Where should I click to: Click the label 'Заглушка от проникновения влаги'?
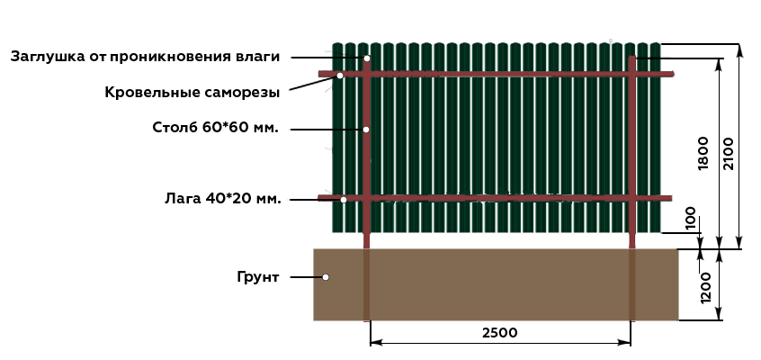pyautogui.click(x=145, y=57)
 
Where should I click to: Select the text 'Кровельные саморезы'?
pyautogui.click(x=192, y=93)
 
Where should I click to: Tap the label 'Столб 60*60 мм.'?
pyautogui.click(x=216, y=128)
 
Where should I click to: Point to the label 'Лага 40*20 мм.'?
pyautogui.click(x=223, y=199)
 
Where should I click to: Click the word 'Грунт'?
pyautogui.click(x=258, y=277)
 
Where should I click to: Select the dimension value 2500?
pyautogui.click(x=500, y=333)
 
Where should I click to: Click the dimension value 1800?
pyautogui.click(x=703, y=154)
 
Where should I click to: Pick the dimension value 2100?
pyautogui.click(x=729, y=154)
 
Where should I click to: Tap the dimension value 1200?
pyautogui.click(x=706, y=288)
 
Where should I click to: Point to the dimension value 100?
pyautogui.click(x=691, y=219)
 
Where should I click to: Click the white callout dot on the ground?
pyautogui.click(x=326, y=277)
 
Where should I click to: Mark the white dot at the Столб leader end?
pyautogui.click(x=366, y=130)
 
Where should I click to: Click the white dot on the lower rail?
pyautogui.click(x=344, y=199)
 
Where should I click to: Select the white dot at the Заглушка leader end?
pyautogui.click(x=367, y=58)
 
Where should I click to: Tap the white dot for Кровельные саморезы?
pyautogui.click(x=340, y=76)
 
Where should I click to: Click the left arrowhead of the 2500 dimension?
pyautogui.click(x=372, y=343)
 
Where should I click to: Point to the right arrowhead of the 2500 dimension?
pyautogui.click(x=630, y=343)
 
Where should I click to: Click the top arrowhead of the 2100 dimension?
pyautogui.click(x=739, y=45)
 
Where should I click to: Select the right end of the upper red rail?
pyautogui.click(x=673, y=74)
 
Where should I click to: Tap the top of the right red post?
pyautogui.click(x=631, y=57)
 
